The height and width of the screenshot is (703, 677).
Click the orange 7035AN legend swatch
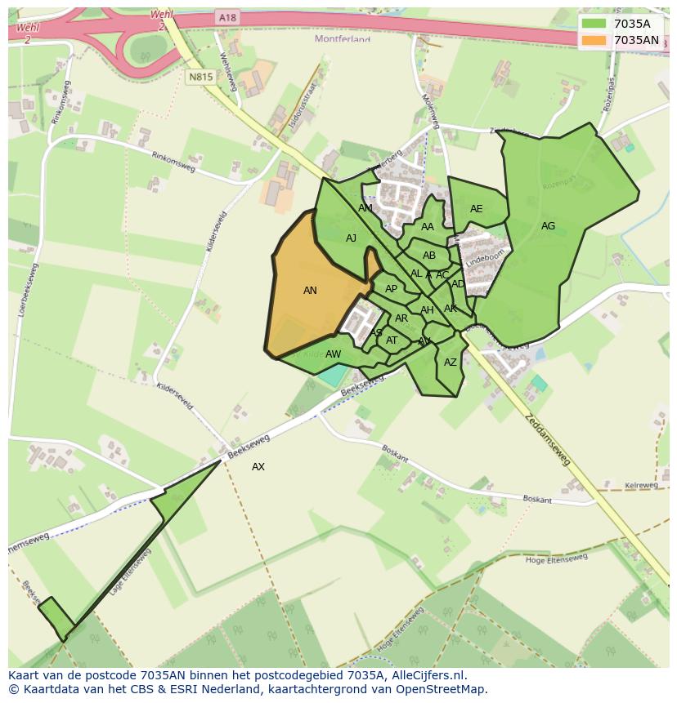point(594,40)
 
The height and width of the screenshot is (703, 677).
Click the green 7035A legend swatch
point(594,24)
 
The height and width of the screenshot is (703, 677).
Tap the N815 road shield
point(200,77)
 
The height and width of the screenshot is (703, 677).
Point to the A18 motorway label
point(227,17)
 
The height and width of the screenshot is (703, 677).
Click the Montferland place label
point(343,38)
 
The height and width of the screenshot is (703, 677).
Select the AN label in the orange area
point(310,290)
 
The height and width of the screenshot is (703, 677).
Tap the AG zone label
point(548,226)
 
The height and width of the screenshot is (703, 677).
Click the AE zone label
point(476,209)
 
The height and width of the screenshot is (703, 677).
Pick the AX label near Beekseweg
point(258,467)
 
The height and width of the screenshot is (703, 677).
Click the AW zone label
point(333,354)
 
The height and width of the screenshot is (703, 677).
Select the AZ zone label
point(451,363)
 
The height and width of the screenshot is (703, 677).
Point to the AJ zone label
point(351,238)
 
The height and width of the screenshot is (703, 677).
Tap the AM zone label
point(365,208)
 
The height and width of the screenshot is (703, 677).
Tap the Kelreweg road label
point(641,485)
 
